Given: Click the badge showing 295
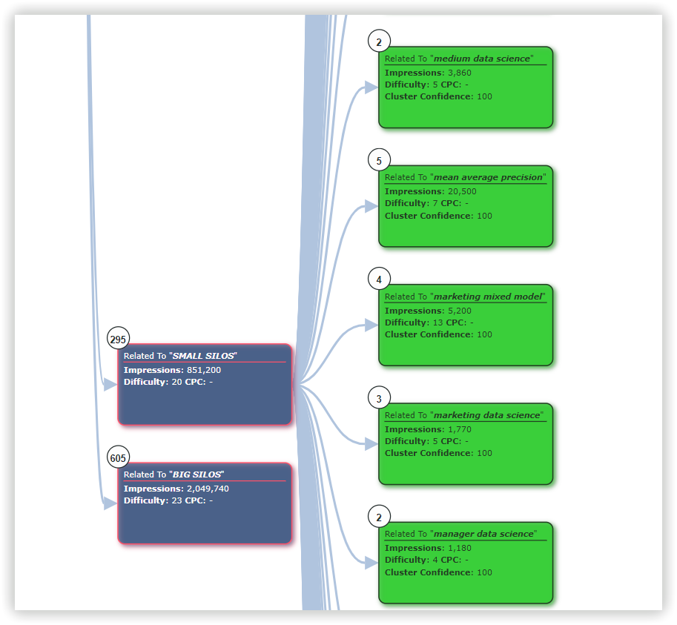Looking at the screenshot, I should [x=118, y=340].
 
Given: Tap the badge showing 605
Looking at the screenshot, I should [x=118, y=458].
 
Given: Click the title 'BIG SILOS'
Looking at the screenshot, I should [x=197, y=474].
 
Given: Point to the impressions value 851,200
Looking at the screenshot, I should [x=203, y=370].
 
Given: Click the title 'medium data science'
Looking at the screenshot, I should [x=482, y=59].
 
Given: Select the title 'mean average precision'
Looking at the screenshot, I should [x=489, y=177].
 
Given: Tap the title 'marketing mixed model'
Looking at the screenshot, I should [x=488, y=297].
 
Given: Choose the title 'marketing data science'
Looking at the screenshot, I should [x=488, y=415].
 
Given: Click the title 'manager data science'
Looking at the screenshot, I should [x=483, y=534].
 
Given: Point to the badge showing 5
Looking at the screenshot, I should [x=379, y=161].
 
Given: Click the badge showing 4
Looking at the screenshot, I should [x=379, y=280].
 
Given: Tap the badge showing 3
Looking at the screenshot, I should [x=379, y=399].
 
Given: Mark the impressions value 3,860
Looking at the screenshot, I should [x=460, y=73].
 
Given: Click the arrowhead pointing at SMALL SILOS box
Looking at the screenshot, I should [x=110, y=385].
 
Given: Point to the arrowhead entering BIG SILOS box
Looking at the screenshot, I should [x=110, y=503].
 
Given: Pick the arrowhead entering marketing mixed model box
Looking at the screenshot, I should [x=371, y=325].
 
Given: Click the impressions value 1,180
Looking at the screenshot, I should [x=460, y=548].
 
